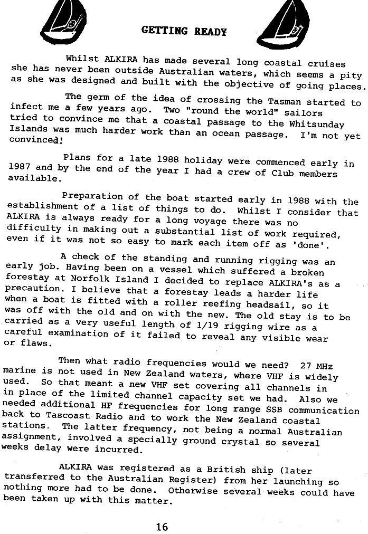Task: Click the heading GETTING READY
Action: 184,31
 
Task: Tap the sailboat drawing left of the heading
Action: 64,21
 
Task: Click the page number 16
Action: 162,526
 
